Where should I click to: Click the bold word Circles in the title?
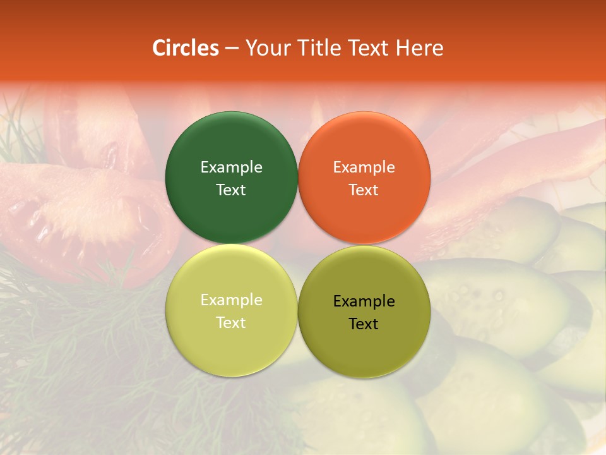tap(185, 48)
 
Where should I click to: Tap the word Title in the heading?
tap(318, 48)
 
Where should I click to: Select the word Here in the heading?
tap(419, 48)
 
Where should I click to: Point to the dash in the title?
tap(232, 49)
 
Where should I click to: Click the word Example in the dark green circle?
tap(231, 167)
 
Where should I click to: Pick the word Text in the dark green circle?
tap(231, 190)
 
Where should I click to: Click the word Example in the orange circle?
tap(364, 167)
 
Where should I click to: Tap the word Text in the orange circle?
tap(364, 190)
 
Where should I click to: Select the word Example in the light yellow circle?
tap(231, 300)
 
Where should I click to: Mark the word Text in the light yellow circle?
tap(231, 322)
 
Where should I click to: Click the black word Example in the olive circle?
tap(364, 301)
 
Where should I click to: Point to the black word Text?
tap(364, 324)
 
